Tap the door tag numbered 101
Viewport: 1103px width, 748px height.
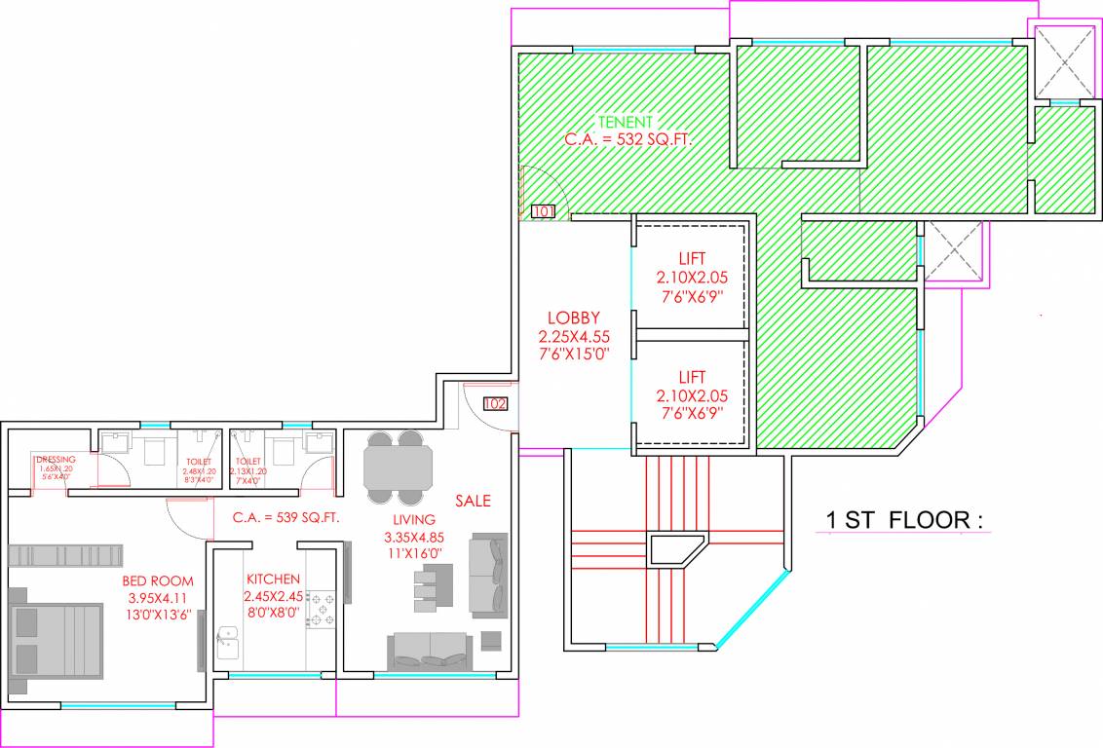[x=543, y=210]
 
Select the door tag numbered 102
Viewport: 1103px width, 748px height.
[x=495, y=403]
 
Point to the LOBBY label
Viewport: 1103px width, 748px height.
[x=573, y=318]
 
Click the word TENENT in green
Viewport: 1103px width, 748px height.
[x=626, y=122]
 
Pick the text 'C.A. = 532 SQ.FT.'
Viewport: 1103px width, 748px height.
[x=628, y=139]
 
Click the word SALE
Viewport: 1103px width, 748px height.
[x=473, y=501]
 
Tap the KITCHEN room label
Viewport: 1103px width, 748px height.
[x=273, y=579]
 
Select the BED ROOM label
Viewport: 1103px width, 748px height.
[x=158, y=580]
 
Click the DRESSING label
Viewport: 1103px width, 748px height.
[x=55, y=460]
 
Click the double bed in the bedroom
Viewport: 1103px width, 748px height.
[x=57, y=641]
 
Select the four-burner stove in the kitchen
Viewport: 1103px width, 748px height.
[x=322, y=609]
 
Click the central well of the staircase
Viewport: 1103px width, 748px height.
[x=678, y=548]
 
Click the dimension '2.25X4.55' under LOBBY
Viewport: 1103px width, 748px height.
[x=573, y=336]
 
